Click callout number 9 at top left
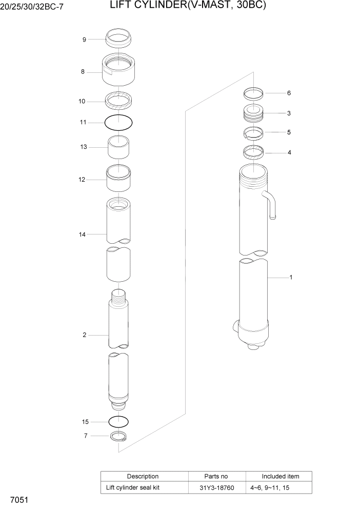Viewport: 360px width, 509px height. point(84,40)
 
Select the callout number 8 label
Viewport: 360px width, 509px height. point(83,72)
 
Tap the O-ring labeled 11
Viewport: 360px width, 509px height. point(118,123)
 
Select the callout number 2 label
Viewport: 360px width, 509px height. point(84,335)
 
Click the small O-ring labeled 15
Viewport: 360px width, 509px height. point(118,422)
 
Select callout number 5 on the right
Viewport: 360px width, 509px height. point(289,132)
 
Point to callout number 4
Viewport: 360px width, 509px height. point(289,152)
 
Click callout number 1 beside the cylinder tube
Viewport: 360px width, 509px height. point(291,278)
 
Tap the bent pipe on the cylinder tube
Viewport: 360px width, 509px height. point(270,204)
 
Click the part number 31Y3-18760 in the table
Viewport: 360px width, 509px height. point(217,487)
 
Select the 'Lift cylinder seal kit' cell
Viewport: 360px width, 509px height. point(132,487)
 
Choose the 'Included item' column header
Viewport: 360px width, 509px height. point(280,476)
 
